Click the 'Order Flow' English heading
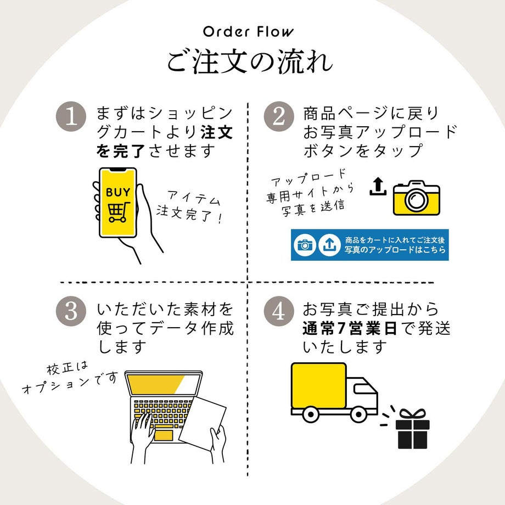point(249,31)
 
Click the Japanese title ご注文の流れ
point(250,62)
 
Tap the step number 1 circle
point(72,117)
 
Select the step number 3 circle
point(72,312)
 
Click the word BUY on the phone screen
point(118,193)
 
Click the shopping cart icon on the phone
point(118,212)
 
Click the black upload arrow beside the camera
point(378,187)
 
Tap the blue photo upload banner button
point(369,245)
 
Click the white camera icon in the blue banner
point(305,245)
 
